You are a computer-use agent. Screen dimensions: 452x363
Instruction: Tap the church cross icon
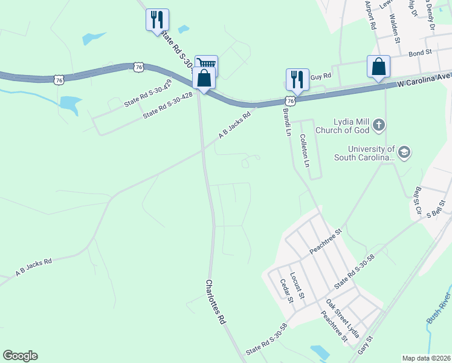click(378, 125)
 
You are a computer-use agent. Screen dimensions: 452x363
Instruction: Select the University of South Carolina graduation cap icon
click(404, 152)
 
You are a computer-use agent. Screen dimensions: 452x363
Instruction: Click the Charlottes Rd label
click(215, 302)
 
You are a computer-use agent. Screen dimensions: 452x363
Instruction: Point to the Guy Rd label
click(321, 76)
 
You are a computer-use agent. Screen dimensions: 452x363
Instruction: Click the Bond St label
click(419, 53)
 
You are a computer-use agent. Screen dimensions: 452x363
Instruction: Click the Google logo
click(20, 356)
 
